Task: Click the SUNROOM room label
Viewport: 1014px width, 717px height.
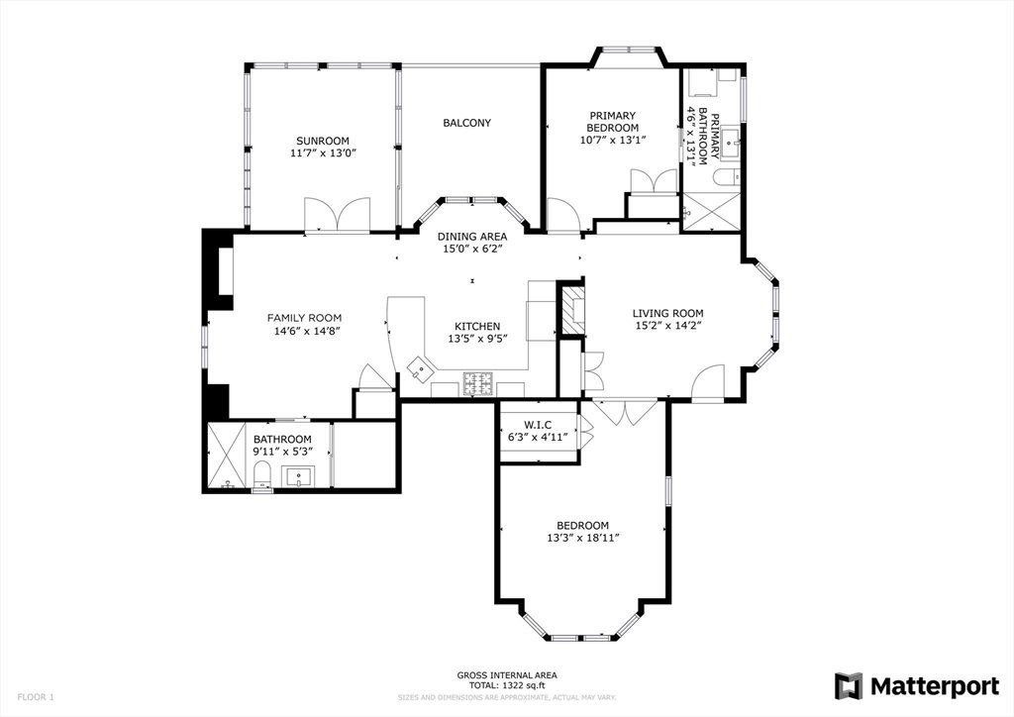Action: (x=322, y=141)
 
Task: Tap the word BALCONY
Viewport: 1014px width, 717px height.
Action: (x=467, y=123)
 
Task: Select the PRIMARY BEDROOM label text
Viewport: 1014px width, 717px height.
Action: (x=612, y=122)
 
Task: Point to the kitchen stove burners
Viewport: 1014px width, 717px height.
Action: (x=478, y=384)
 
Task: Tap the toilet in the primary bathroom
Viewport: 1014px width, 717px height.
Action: (x=726, y=176)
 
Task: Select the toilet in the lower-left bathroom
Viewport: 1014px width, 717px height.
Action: (x=262, y=475)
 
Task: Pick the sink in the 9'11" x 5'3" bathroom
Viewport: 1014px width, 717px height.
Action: (x=298, y=476)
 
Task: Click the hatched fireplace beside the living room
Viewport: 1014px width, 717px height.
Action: (x=571, y=310)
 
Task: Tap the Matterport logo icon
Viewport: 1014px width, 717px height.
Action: (x=848, y=686)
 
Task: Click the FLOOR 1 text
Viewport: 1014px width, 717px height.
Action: (x=36, y=697)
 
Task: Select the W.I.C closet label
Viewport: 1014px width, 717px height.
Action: (x=538, y=425)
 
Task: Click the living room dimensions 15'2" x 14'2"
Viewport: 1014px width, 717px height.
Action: (x=668, y=326)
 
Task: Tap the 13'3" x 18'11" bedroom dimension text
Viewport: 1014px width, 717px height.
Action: (x=582, y=538)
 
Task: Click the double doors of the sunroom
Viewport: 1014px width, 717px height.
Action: (x=338, y=214)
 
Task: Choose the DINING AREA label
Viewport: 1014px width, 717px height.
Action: (x=472, y=237)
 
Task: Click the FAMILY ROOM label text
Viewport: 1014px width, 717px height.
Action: (x=304, y=318)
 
